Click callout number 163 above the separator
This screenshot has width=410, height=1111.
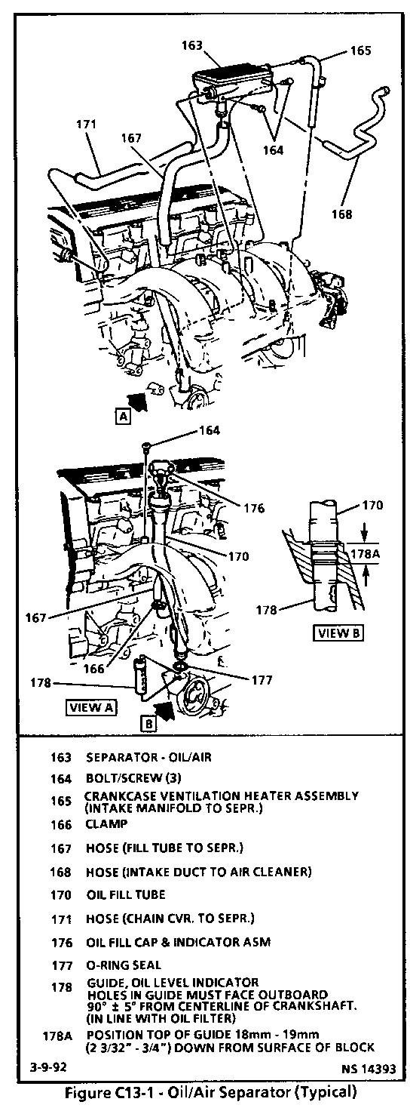click(192, 45)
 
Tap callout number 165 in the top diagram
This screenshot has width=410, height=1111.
click(360, 51)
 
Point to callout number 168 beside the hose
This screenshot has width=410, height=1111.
click(341, 214)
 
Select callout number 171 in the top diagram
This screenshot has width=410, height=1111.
click(86, 124)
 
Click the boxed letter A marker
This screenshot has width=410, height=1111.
click(123, 416)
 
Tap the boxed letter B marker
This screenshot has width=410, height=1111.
click(149, 724)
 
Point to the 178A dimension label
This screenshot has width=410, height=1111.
click(365, 552)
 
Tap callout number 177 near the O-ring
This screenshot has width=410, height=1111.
click(262, 680)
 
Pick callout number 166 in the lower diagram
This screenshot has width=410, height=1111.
click(94, 669)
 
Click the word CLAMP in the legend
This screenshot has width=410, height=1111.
click(106, 824)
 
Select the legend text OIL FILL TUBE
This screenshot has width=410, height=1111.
click(126, 894)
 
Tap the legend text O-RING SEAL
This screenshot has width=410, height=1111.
click(124, 965)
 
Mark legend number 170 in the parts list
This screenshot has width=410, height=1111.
click(61, 895)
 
